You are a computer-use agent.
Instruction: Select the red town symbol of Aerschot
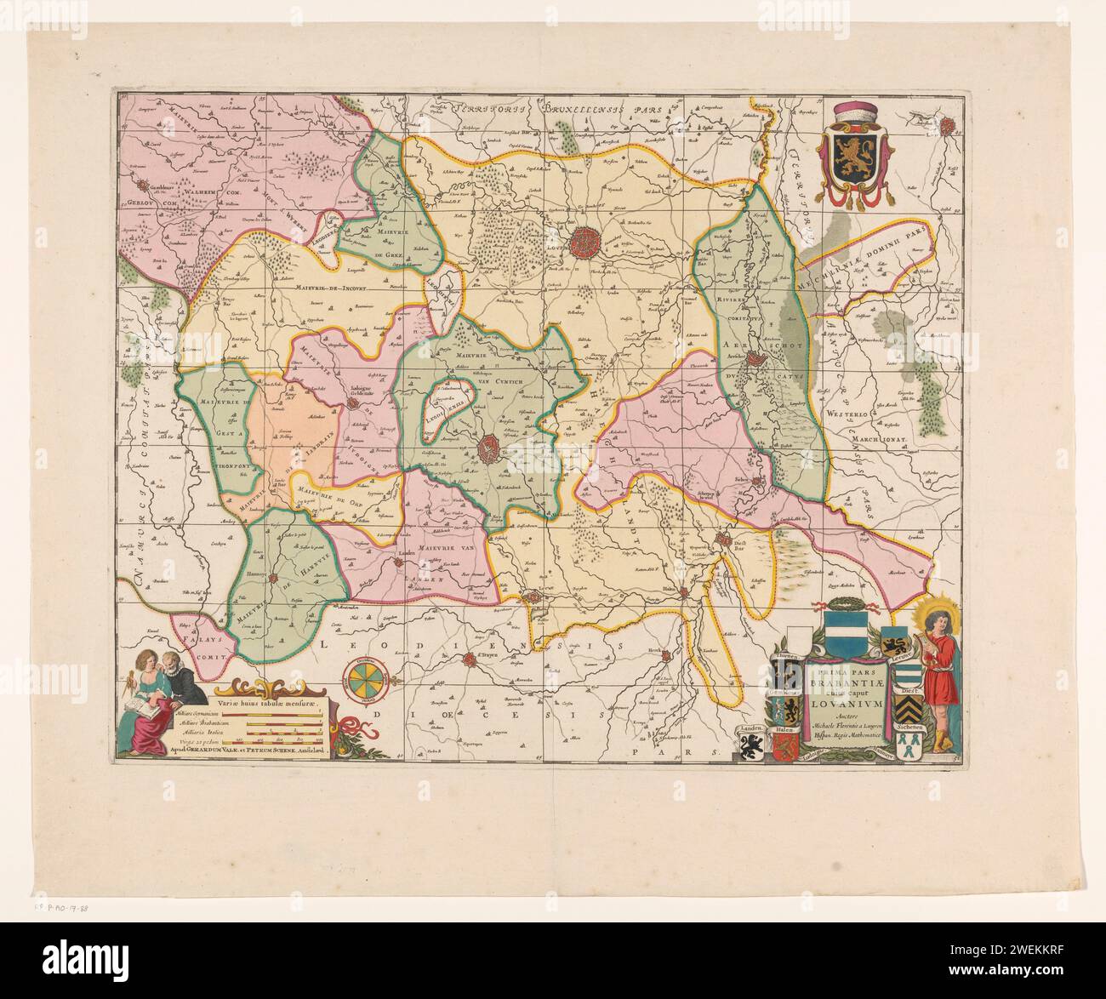coord(755,368)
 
